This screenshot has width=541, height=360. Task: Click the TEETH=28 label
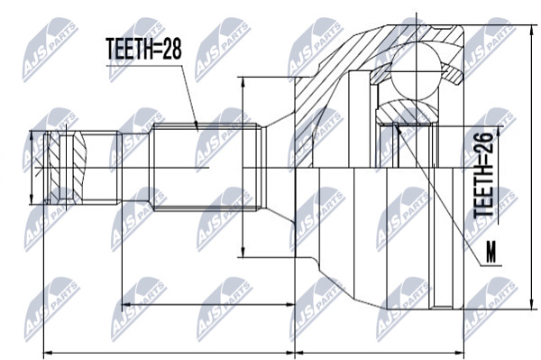click(x=143, y=49)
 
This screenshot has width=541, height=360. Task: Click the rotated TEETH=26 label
click(x=483, y=175)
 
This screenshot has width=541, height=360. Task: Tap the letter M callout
click(x=491, y=253)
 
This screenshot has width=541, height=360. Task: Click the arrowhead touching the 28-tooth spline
click(x=196, y=126)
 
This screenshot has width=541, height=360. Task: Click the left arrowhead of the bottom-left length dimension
click(x=49, y=353)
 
